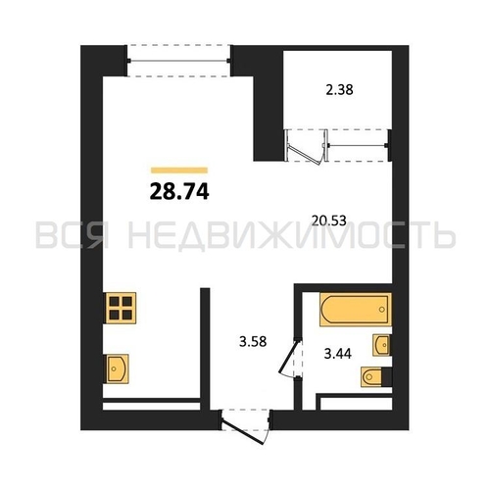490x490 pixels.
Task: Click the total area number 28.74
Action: coord(179,192)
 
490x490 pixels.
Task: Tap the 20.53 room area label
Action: coord(328,220)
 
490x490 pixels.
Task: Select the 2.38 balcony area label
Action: coord(339,90)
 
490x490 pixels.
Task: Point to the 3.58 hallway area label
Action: coord(253,342)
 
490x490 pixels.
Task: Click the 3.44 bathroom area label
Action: coord(337,354)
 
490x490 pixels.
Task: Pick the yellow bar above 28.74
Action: coord(179,171)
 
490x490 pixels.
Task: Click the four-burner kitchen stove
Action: coord(121,308)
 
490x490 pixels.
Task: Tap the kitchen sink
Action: coord(117,368)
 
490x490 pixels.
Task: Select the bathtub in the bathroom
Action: coord(356,310)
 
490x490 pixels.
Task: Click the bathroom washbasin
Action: coord(381,345)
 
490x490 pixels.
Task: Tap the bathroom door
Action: coord(290,359)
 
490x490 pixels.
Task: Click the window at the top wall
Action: coord(178,61)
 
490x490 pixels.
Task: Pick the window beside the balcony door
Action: coord(358,145)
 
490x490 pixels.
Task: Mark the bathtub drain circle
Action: coord(382,309)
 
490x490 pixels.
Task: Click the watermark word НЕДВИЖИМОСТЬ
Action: coord(292,235)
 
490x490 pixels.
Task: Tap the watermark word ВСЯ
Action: coord(73,235)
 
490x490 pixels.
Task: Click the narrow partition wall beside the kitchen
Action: coord(205,349)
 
